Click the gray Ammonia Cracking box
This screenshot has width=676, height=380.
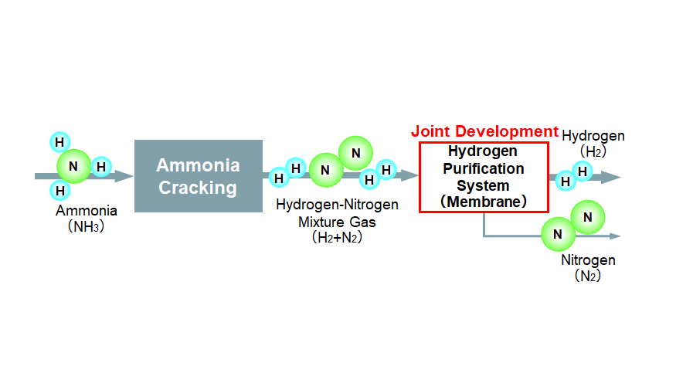coord(199,176)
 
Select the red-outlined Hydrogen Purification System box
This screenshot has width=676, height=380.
coord(484,177)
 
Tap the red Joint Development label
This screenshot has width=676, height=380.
coord(484,131)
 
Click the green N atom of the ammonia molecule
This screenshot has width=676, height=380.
coord(74,166)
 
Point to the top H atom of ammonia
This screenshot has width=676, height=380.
coord(59,142)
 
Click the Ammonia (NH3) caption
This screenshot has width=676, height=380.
coord(87,218)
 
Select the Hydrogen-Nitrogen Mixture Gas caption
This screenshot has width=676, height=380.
coord(337,221)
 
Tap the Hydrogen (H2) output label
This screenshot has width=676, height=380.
coord(593,144)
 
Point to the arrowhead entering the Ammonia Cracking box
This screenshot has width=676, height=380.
coord(126,176)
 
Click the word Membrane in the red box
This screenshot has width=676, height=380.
coord(484,202)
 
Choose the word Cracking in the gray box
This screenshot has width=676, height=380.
coord(198,188)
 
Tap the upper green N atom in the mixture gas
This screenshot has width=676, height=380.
coord(355,154)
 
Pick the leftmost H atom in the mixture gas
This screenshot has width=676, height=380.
coord(280,178)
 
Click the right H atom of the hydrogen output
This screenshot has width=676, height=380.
coord(583,171)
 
